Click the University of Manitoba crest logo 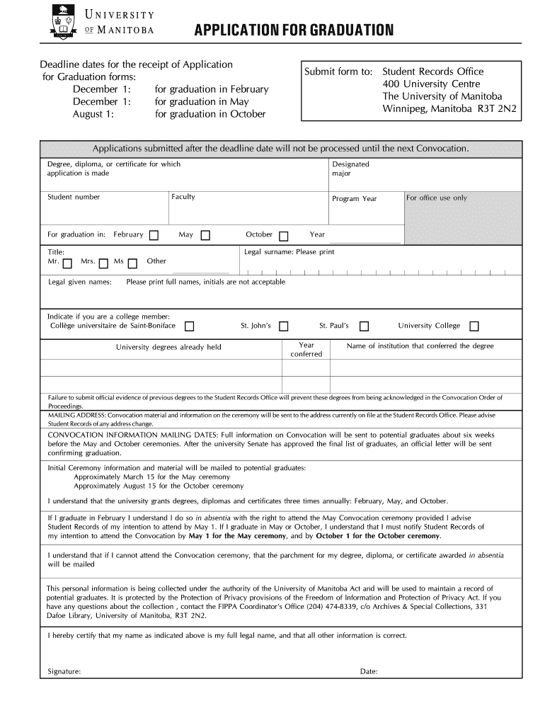click(x=63, y=21)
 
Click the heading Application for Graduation click(x=294, y=30)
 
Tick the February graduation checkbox click(x=154, y=236)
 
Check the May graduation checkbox click(x=205, y=236)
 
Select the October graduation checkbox click(x=284, y=236)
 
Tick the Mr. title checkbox click(x=67, y=264)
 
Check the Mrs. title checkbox click(x=103, y=264)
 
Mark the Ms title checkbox click(x=132, y=264)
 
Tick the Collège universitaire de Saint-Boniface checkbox click(x=190, y=326)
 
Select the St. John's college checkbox click(x=283, y=326)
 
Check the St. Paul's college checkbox click(x=364, y=326)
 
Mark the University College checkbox click(x=474, y=326)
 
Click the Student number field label click(x=74, y=197)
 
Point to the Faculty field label click(x=183, y=197)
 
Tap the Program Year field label click(x=355, y=199)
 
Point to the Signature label click(x=64, y=671)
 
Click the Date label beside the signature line click(x=369, y=671)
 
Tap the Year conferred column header click(x=306, y=350)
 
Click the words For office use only click(x=437, y=198)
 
